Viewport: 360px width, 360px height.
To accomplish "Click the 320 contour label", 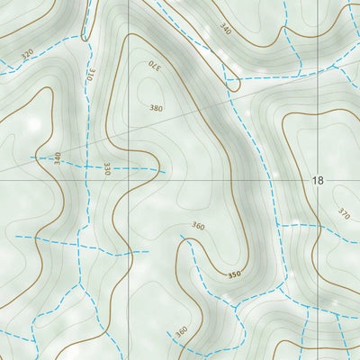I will click(x=27, y=54).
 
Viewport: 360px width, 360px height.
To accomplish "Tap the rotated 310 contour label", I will click(x=91, y=76).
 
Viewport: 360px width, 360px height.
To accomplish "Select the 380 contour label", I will click(x=157, y=108).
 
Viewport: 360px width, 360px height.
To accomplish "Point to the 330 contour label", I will click(x=106, y=168).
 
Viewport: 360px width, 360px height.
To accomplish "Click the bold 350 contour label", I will click(x=235, y=273).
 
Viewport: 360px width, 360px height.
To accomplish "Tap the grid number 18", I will click(x=317, y=181).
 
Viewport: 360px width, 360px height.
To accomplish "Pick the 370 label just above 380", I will click(x=154, y=65).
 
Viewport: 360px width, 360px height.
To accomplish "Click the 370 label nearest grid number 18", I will click(x=344, y=214).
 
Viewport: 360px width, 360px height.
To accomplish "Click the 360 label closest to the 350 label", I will click(x=198, y=226).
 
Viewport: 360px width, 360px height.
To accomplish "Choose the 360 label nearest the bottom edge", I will click(x=181, y=332).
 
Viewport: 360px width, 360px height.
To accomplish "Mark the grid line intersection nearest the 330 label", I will click(x=129, y=180).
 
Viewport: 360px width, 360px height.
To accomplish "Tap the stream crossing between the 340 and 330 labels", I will click(x=87, y=166).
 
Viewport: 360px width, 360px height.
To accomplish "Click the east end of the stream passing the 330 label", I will click(x=166, y=171).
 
